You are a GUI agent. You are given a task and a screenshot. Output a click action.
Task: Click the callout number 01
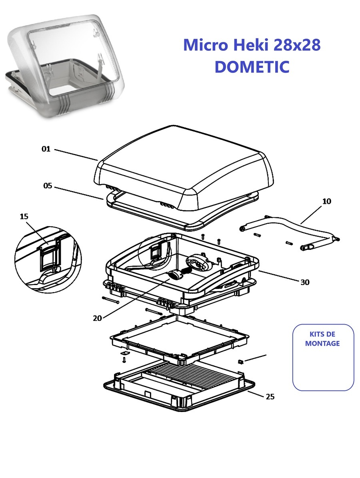(46, 149)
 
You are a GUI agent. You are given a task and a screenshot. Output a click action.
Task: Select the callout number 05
(48, 186)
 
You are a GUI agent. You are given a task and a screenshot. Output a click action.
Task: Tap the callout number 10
(326, 201)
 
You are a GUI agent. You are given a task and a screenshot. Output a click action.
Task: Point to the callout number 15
(24, 217)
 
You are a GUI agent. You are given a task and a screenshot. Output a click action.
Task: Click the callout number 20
(97, 318)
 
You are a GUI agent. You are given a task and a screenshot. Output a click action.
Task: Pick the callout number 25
(270, 396)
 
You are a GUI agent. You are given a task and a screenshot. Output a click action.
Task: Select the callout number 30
(305, 282)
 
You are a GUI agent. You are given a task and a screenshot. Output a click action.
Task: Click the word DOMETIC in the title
(252, 67)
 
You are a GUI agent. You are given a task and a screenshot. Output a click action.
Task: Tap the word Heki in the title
(251, 45)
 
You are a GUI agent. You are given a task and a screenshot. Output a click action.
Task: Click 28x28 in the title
(297, 45)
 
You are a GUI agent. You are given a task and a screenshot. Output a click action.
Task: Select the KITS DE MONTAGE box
(323, 357)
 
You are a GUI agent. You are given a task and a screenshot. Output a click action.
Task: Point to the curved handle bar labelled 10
(290, 233)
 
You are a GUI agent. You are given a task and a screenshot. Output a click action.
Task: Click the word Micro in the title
(206, 45)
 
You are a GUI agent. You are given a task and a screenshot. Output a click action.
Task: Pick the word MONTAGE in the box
(322, 344)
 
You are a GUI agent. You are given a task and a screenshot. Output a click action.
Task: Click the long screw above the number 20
(110, 300)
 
